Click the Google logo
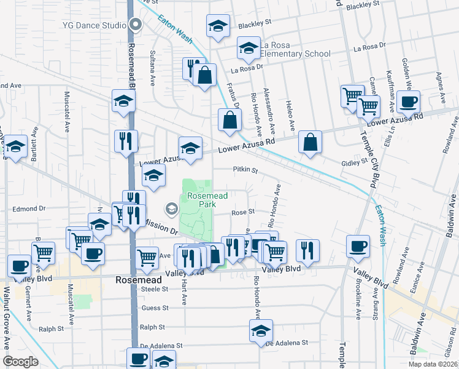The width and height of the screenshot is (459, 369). click(x=21, y=362)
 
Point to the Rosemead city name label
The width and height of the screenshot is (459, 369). click(x=139, y=279)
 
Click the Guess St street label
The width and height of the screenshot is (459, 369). click(x=154, y=307)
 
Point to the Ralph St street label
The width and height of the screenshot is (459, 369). click(x=153, y=328)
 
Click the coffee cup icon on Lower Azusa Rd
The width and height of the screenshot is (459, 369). click(x=407, y=102)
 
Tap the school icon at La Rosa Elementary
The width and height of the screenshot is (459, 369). click(x=249, y=48)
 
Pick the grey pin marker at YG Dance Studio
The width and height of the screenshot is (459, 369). click(x=136, y=25)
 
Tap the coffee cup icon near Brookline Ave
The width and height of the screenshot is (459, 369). click(x=358, y=245)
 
